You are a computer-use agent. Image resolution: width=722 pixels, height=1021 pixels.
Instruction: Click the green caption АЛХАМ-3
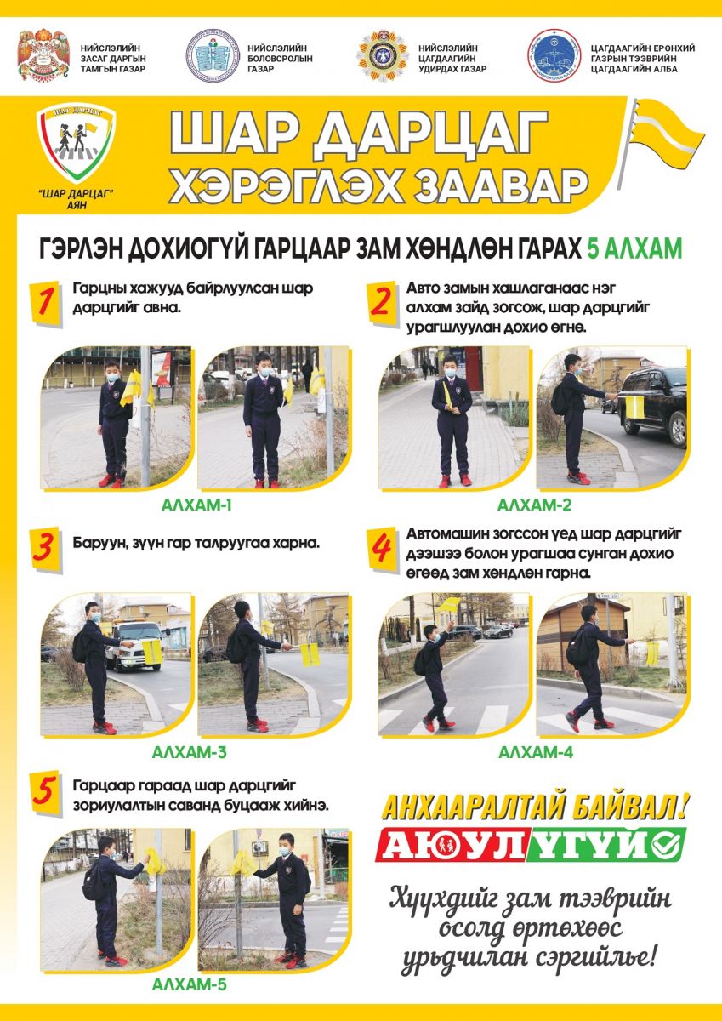189,752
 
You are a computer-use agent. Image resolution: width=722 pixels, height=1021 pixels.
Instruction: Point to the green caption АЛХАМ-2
534,505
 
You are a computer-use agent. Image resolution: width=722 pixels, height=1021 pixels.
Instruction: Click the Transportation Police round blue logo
554,55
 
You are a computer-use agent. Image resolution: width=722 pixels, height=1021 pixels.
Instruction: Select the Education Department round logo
213,55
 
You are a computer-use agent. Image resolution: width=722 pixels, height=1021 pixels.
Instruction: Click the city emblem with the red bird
43,55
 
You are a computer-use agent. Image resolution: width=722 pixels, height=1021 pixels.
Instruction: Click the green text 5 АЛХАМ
634,249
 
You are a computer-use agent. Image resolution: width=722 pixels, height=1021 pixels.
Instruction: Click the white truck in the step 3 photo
135,645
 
